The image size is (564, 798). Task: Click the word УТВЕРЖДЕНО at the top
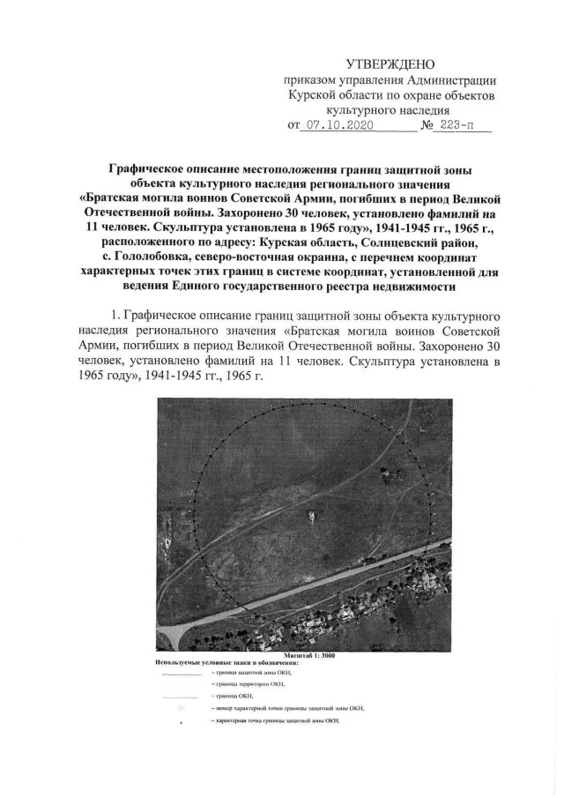click(390, 64)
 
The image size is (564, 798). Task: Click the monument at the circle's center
click(310, 515)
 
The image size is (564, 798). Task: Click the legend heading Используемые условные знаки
click(207, 661)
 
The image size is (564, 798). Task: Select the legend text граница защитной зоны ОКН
click(252, 672)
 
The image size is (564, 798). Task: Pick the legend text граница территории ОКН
click(249, 684)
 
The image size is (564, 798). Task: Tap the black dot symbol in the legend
click(181, 722)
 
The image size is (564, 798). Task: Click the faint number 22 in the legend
click(180, 708)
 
